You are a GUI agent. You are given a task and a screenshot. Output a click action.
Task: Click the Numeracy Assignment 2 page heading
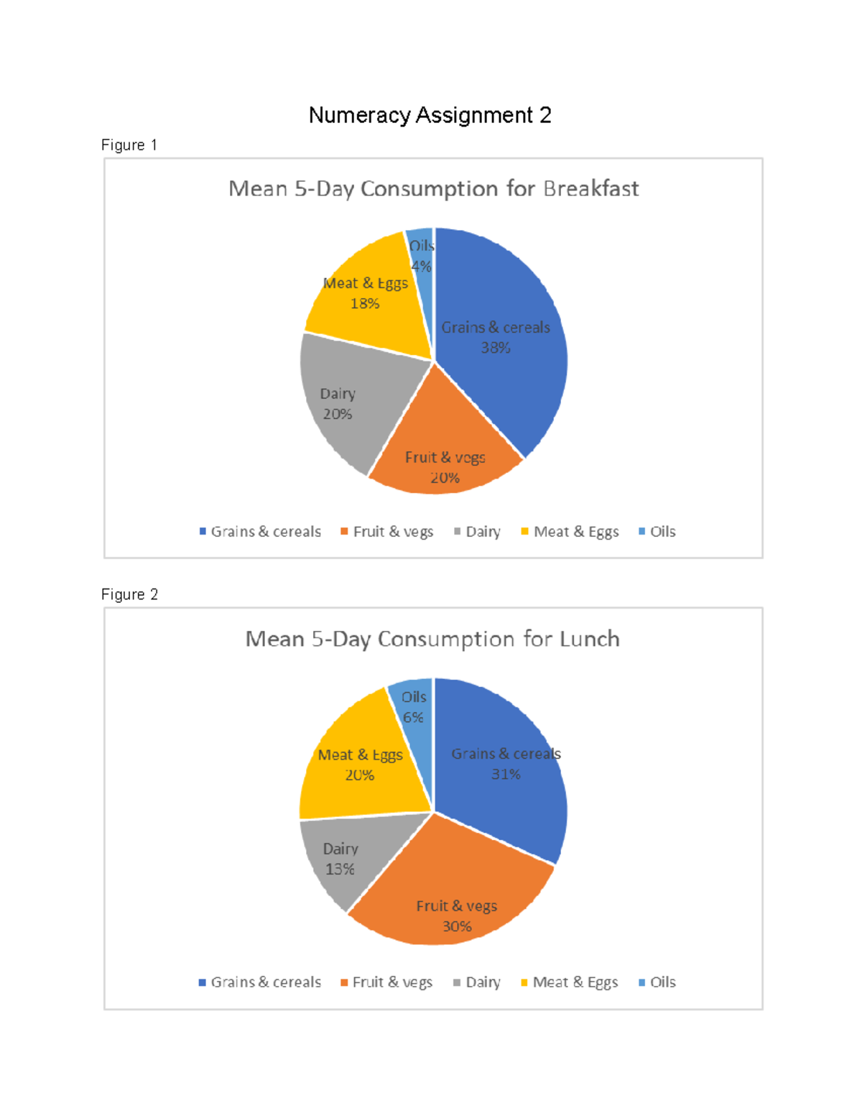coord(430,115)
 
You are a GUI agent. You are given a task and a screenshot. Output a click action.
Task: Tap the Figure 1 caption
coord(129,145)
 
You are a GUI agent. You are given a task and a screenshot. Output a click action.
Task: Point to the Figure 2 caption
coord(129,594)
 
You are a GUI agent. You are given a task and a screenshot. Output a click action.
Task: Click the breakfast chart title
coord(433,189)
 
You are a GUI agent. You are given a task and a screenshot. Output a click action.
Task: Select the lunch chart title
coord(432,639)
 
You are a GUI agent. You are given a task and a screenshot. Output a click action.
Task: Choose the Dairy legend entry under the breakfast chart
coord(477,532)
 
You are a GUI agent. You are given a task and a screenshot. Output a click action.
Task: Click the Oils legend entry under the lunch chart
coord(657,982)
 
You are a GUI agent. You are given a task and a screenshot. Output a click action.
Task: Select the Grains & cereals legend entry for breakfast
coord(260,532)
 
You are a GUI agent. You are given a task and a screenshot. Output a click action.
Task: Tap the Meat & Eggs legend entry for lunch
coord(570,982)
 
